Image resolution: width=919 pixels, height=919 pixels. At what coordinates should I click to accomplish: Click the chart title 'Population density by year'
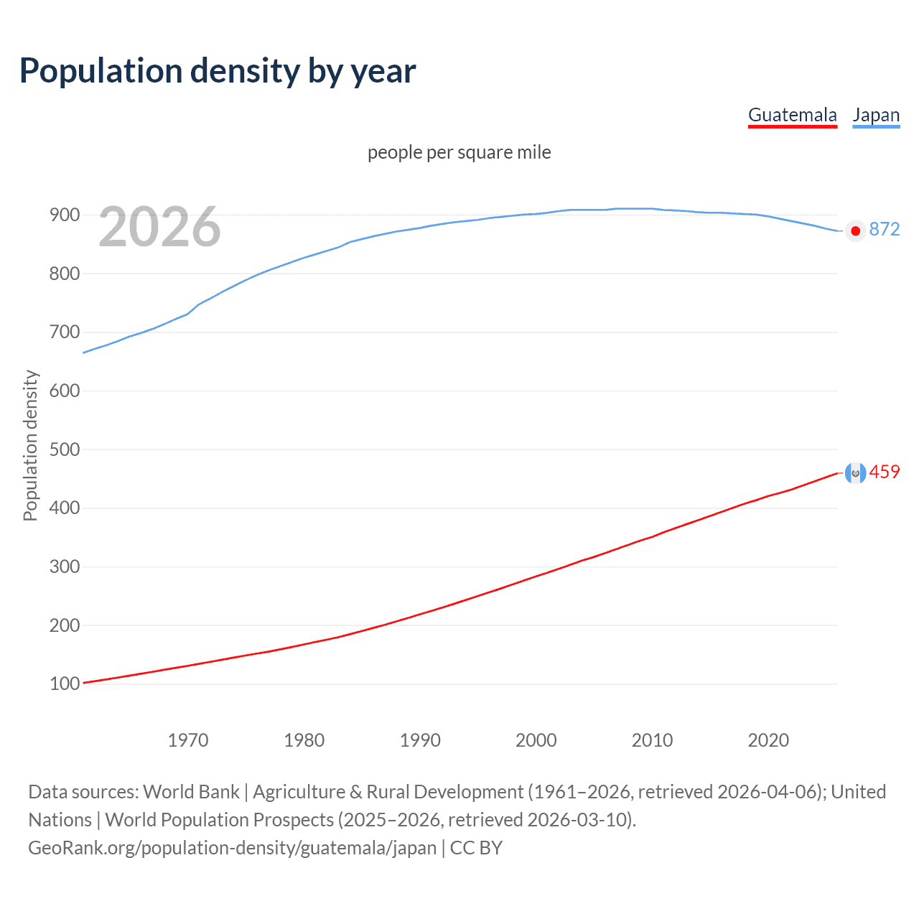point(218,70)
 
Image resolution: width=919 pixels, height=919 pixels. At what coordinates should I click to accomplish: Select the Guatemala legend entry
point(792,115)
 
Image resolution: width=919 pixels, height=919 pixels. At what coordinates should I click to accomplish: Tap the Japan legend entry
point(876,115)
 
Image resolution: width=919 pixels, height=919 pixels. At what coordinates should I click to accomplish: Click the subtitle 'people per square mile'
point(459,152)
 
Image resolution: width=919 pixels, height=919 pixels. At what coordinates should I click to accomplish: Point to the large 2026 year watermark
point(159,227)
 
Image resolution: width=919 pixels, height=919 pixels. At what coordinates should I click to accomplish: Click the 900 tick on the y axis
point(65,215)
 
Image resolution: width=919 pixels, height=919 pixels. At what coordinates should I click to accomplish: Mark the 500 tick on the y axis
point(65,449)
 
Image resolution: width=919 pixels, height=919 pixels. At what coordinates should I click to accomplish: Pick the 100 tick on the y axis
point(65,684)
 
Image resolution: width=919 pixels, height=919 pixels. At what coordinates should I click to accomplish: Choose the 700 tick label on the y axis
point(65,332)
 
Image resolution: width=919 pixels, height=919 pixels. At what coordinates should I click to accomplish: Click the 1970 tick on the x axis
point(188,740)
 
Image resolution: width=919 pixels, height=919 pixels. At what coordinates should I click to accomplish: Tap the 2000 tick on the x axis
point(536,740)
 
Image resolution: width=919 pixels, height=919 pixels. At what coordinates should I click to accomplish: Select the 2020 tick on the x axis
point(768,740)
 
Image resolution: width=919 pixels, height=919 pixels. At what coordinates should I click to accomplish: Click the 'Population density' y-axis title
point(30,445)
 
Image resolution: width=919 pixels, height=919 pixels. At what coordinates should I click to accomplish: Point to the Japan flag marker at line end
point(855,231)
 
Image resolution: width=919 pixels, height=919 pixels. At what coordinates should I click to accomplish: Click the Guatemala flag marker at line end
point(855,472)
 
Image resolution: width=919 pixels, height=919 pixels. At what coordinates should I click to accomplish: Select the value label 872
point(885,229)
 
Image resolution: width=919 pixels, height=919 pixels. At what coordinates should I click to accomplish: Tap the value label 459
point(885,472)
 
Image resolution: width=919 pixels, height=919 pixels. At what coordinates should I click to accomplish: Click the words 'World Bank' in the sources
point(191,792)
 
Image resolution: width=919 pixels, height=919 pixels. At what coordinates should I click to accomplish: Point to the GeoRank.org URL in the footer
point(232,848)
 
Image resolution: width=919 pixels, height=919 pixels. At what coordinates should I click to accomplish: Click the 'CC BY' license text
point(476,848)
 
